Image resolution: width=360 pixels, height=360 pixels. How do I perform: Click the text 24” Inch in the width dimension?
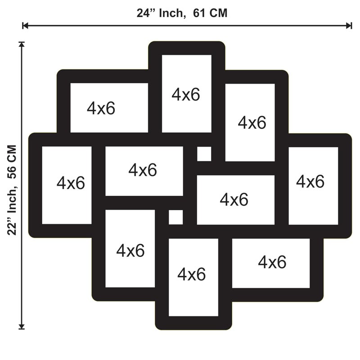tap(161, 13)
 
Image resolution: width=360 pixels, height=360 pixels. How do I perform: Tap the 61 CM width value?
tap(210, 13)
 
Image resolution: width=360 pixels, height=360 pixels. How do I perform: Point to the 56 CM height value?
tap(12, 162)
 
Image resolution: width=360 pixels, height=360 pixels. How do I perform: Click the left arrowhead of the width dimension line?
tap(25, 26)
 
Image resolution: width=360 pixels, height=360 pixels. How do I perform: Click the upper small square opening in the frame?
tap(204, 154)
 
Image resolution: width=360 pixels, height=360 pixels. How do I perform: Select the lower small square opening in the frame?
tap(176, 217)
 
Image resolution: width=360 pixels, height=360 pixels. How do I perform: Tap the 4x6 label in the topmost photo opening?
tap(186, 94)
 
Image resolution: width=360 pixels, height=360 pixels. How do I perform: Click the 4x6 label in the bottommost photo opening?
tap(192, 274)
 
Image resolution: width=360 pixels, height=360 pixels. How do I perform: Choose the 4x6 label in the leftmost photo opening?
tap(71, 183)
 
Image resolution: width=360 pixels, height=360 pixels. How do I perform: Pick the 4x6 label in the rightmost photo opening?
tap(310, 181)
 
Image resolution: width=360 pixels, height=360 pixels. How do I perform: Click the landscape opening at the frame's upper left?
tap(109, 108)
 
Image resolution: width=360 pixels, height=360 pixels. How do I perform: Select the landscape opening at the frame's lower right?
tap(271, 263)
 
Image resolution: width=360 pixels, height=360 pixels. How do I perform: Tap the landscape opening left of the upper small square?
tap(144, 171)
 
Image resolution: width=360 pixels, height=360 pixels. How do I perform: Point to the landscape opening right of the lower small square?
tap(236, 200)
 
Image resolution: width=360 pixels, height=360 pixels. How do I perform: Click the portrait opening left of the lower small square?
tap(130, 248)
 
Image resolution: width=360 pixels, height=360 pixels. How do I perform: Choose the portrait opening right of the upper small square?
tap(250, 122)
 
